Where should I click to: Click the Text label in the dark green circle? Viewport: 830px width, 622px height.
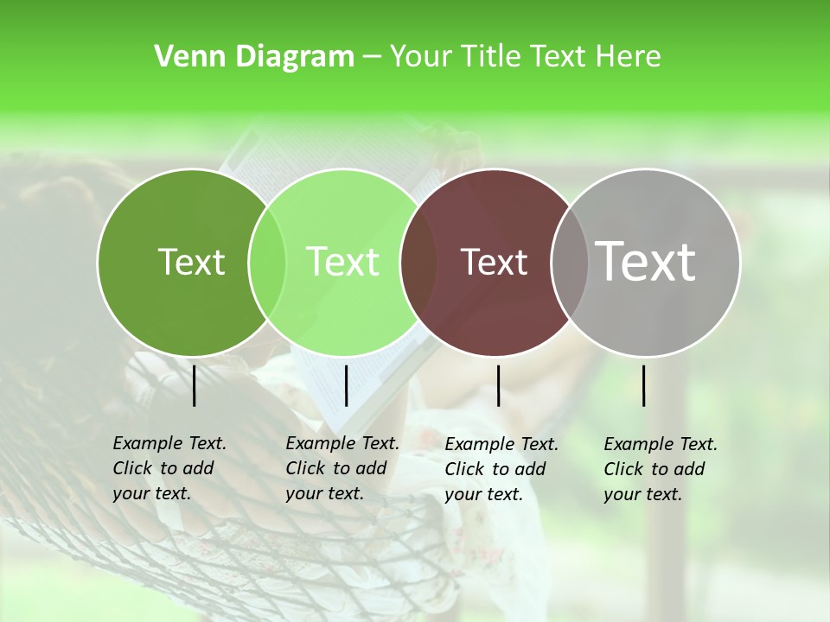click(191, 262)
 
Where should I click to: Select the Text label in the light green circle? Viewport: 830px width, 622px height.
click(343, 262)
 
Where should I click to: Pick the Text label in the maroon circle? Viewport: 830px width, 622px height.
click(495, 263)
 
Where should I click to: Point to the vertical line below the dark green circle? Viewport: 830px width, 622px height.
click(195, 385)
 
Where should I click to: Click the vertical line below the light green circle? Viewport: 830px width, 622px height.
click(347, 385)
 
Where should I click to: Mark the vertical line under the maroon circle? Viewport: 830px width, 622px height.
click(499, 385)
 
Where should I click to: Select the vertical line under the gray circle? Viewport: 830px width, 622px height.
click(644, 385)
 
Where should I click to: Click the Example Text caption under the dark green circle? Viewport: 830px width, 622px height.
click(169, 468)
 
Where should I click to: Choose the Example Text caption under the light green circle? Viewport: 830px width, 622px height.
click(342, 468)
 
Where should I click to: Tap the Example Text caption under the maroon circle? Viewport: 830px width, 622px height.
click(501, 469)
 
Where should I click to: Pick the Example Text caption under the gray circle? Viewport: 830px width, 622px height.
click(660, 469)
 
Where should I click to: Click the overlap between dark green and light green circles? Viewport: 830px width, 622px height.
click(267, 262)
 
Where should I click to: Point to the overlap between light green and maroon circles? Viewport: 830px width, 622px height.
click(418, 262)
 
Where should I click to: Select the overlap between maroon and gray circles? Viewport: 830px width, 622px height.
click(569, 262)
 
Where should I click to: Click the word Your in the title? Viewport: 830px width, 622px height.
click(421, 57)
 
